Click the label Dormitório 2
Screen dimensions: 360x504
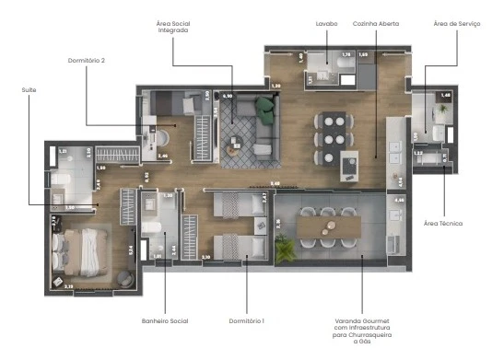(x=86, y=61)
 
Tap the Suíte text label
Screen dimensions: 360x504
(x=29, y=89)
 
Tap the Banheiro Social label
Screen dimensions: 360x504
(x=165, y=320)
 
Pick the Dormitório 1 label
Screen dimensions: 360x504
(x=246, y=320)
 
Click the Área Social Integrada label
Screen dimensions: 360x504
(x=174, y=27)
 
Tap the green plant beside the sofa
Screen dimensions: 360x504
(x=265, y=110)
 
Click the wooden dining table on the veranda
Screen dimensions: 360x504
(x=330, y=225)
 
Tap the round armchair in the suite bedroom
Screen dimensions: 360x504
(x=125, y=278)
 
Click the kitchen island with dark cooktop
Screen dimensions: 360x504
(x=351, y=166)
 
